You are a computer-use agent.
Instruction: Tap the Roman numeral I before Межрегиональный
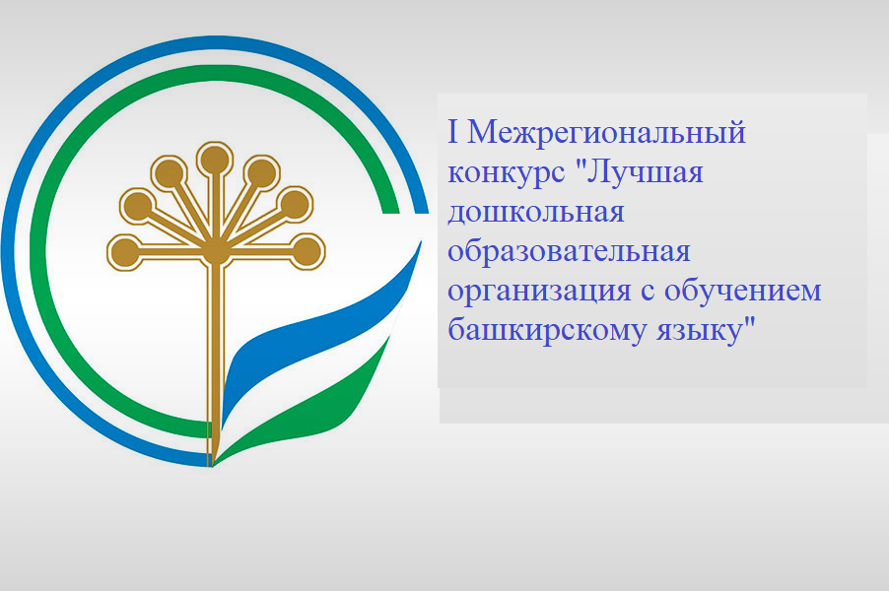coord(453,131)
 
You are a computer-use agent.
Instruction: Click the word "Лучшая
coord(640,172)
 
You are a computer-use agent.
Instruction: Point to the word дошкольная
coord(536,213)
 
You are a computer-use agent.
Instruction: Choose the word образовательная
coord(569,250)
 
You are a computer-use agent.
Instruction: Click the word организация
coord(538,292)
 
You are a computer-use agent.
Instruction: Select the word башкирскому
coord(546,330)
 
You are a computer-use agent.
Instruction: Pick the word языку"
coord(707,330)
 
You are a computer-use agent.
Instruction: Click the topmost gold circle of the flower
coord(215,160)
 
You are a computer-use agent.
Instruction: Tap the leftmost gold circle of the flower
coord(125,252)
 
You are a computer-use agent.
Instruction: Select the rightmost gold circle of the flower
coord(307,251)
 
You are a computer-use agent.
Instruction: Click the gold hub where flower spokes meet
coord(216,253)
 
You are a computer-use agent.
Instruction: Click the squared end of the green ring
coord(391,210)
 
